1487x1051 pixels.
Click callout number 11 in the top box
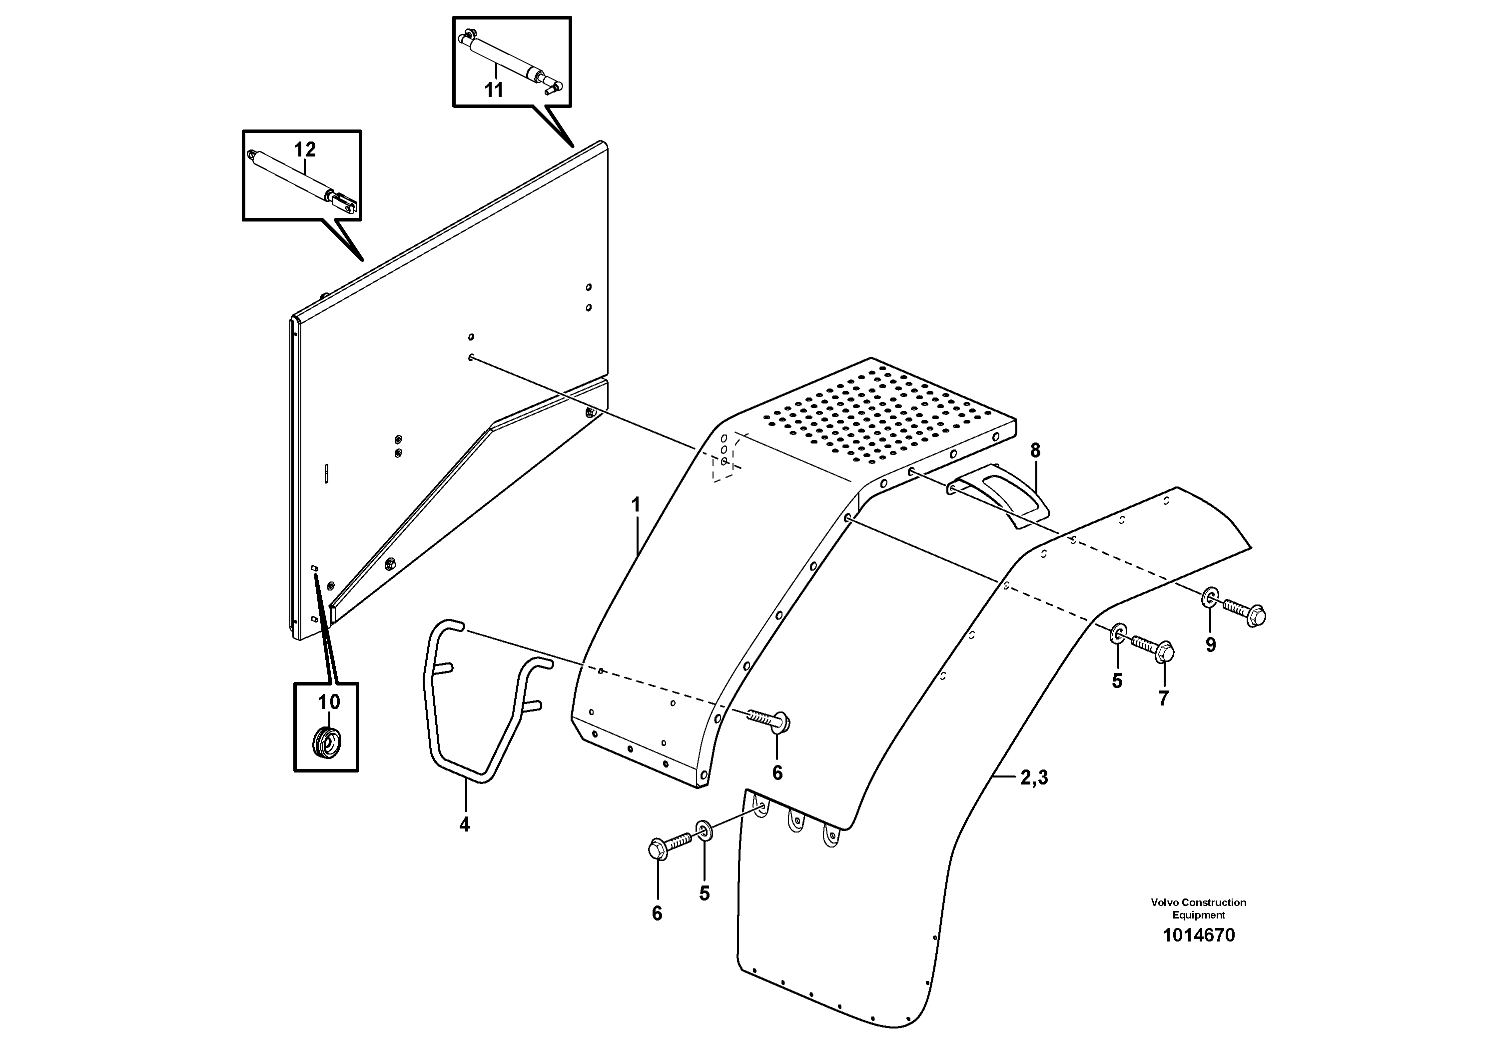(x=494, y=90)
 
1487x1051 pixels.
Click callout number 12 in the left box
(x=304, y=149)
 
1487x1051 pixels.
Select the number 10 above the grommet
(x=328, y=701)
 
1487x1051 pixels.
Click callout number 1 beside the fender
(x=636, y=505)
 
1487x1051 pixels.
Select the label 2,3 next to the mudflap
(x=1034, y=777)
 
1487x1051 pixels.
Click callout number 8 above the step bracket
(x=1035, y=450)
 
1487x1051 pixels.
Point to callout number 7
(x=1163, y=698)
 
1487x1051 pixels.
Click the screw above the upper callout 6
(x=770, y=719)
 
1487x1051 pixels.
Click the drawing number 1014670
(x=1199, y=935)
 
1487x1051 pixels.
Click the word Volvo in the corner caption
(x=1164, y=902)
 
